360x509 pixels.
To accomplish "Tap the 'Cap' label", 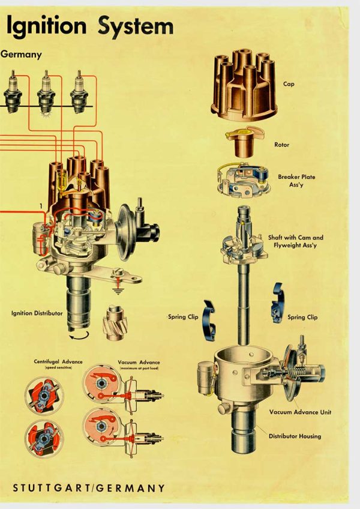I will click(x=289, y=85).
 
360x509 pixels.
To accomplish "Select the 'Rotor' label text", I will click(x=281, y=145).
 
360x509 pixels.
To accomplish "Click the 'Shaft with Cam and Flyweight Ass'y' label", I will click(x=301, y=241).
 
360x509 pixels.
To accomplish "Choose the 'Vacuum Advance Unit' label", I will click(x=300, y=412).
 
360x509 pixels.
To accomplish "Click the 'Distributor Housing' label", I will click(x=295, y=436).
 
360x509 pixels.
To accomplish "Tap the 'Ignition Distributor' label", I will click(x=37, y=313).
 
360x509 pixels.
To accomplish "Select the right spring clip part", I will click(x=277, y=303).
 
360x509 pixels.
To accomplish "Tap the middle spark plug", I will click(x=46, y=92).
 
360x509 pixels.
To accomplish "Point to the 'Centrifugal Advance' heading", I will click(x=58, y=363).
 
